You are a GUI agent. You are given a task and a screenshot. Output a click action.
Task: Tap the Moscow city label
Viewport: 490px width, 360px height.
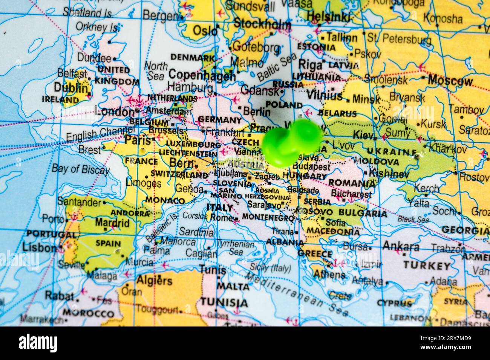[450, 80]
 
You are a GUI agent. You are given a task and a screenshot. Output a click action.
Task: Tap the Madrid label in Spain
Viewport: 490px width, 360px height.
[112, 223]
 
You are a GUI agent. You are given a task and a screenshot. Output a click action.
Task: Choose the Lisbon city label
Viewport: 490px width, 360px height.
[39, 247]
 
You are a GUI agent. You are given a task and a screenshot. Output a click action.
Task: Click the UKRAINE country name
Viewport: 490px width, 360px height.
[392, 153]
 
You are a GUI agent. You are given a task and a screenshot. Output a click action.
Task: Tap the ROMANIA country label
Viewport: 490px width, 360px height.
[352, 183]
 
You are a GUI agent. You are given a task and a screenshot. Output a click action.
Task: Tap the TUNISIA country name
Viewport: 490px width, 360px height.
[224, 302]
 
